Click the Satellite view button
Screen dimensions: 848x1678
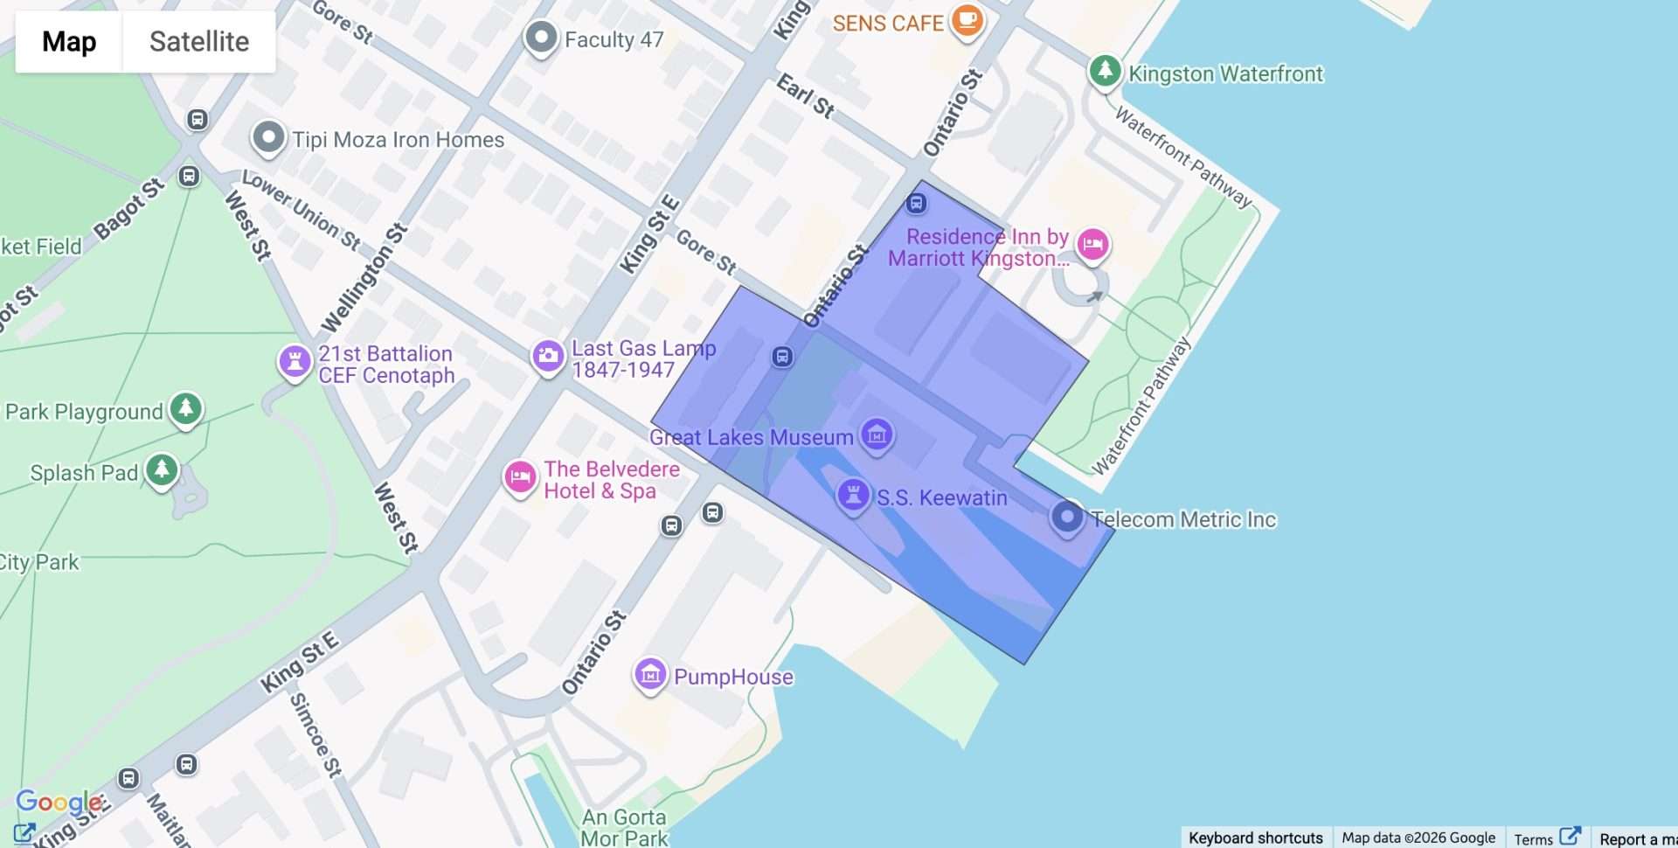[198, 41]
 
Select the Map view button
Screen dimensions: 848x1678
[69, 41]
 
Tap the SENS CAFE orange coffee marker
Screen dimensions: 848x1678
[967, 19]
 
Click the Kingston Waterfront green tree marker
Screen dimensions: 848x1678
[1105, 70]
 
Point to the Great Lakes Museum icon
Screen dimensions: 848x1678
[877, 434]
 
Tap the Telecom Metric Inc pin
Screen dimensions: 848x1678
[1066, 517]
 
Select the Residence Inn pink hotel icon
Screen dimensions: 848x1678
[1092, 244]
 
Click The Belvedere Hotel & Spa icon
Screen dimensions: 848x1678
[520, 477]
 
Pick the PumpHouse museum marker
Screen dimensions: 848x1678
[650, 674]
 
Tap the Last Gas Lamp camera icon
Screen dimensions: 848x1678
[548, 356]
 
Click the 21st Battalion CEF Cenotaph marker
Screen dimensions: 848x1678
[295, 361]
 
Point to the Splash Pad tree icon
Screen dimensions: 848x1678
[162, 469]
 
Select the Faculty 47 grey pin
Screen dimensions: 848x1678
[541, 38]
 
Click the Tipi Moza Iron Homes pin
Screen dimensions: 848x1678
[268, 137]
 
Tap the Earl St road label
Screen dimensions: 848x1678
[805, 96]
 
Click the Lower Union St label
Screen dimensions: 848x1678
[302, 209]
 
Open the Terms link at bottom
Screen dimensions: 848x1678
[1534, 838]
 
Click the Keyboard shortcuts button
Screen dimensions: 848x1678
[1255, 838]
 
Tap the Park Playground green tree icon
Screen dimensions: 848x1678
[185, 408]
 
